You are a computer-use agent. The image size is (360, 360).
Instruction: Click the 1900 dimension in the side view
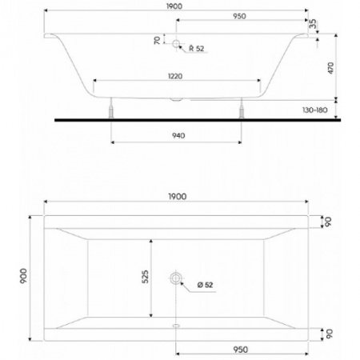coord(174,6)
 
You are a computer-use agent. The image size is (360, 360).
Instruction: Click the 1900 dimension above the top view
coord(178,197)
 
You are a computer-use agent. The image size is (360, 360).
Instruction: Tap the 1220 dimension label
coord(175,76)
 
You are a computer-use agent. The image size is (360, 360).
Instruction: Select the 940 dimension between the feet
coord(178,136)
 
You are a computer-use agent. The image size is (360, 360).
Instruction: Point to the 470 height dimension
coord(330,68)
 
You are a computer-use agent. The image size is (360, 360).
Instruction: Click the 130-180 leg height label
coord(315,110)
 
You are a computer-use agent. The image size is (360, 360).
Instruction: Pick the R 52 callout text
coord(197,48)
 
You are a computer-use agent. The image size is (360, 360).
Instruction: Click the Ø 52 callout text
coord(205,285)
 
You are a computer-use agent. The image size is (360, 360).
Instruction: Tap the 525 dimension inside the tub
coord(145,277)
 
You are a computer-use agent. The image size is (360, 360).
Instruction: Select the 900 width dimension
coord(23,276)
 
